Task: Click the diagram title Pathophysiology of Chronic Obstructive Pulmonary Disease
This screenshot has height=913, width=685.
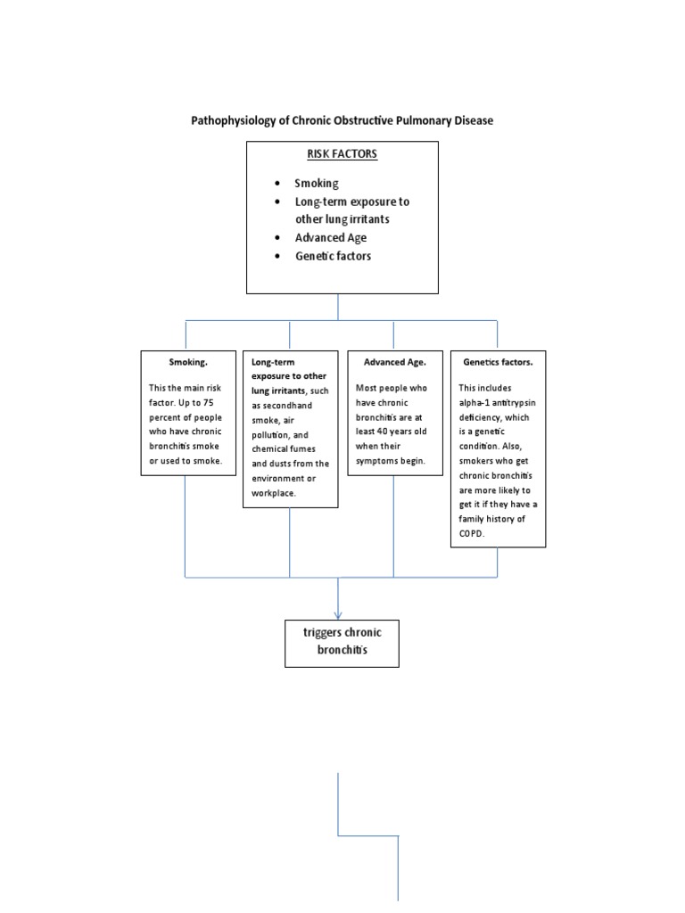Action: click(342, 119)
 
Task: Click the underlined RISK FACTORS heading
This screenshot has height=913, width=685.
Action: click(342, 153)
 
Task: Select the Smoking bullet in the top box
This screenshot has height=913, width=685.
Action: click(317, 183)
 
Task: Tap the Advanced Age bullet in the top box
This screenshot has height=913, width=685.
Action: click(330, 237)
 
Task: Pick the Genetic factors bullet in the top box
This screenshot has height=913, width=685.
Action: click(333, 256)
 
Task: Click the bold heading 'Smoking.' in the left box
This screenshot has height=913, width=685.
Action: click(186, 363)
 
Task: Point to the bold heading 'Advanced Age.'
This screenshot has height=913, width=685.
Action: click(394, 363)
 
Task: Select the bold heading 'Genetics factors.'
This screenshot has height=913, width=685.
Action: click(498, 363)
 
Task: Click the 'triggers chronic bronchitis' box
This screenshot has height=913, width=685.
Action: click(342, 642)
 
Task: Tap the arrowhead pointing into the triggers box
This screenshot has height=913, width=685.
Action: click(339, 613)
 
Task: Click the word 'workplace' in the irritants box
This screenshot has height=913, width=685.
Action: click(273, 492)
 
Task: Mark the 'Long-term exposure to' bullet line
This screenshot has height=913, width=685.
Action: click(352, 202)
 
